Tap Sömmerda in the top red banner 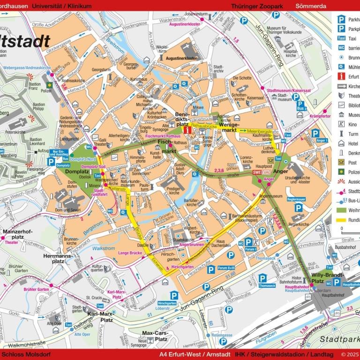pyautogui.click(x=311, y=6)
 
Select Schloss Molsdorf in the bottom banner pyautogui.click(x=22, y=354)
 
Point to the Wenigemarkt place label pyautogui.click(x=229, y=127)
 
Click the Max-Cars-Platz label pyautogui.click(x=155, y=336)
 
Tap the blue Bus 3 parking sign pyautogui.click(x=301, y=105)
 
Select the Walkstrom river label pyautogui.click(x=104, y=248)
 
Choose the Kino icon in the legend pyautogui.click(x=342, y=124)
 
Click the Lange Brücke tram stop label pyautogui.click(x=130, y=253)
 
